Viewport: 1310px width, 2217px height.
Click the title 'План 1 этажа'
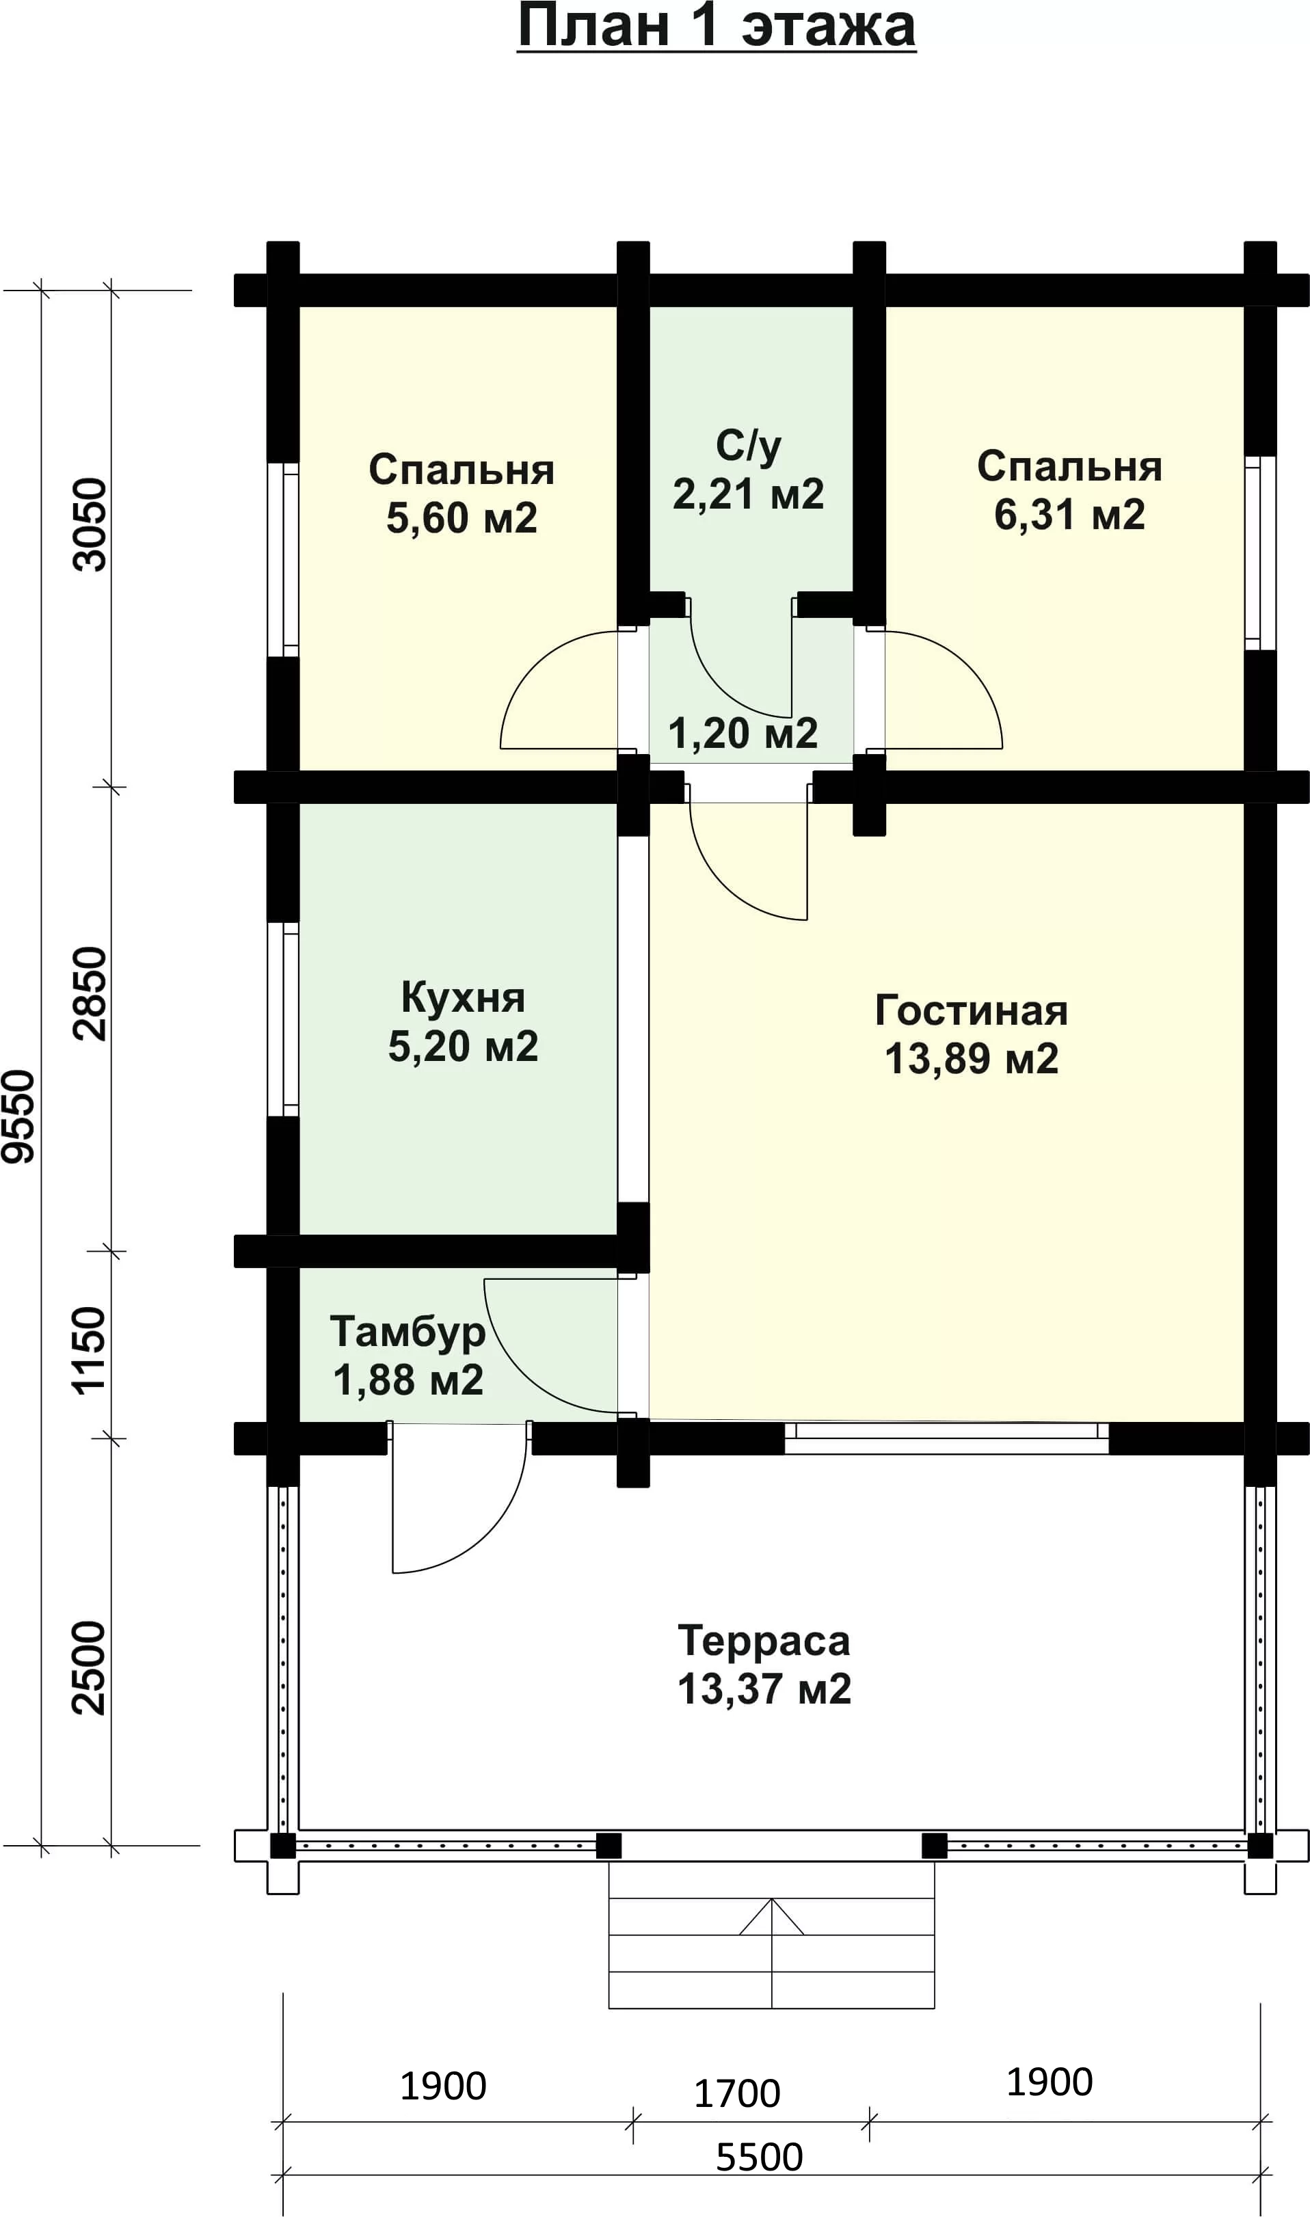(716, 27)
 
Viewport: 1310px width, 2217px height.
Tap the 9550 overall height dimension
(18, 1116)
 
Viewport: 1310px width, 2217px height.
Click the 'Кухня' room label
(463, 998)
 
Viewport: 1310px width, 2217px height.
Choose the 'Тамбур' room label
(407, 1332)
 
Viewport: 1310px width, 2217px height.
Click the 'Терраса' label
(764, 1641)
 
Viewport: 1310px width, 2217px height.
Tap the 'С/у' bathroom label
(749, 446)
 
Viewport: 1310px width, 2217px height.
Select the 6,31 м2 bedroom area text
(1070, 515)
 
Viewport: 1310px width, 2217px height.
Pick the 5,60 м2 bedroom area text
(462, 519)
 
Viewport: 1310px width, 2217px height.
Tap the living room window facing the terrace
(946, 1438)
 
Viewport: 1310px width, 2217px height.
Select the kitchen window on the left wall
(283, 1019)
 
